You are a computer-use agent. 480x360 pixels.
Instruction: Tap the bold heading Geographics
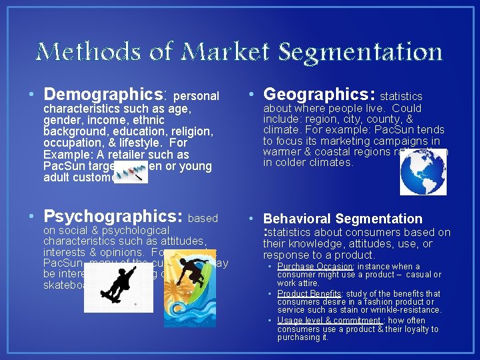click(320, 93)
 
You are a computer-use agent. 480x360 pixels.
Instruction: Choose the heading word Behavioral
click(298, 219)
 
